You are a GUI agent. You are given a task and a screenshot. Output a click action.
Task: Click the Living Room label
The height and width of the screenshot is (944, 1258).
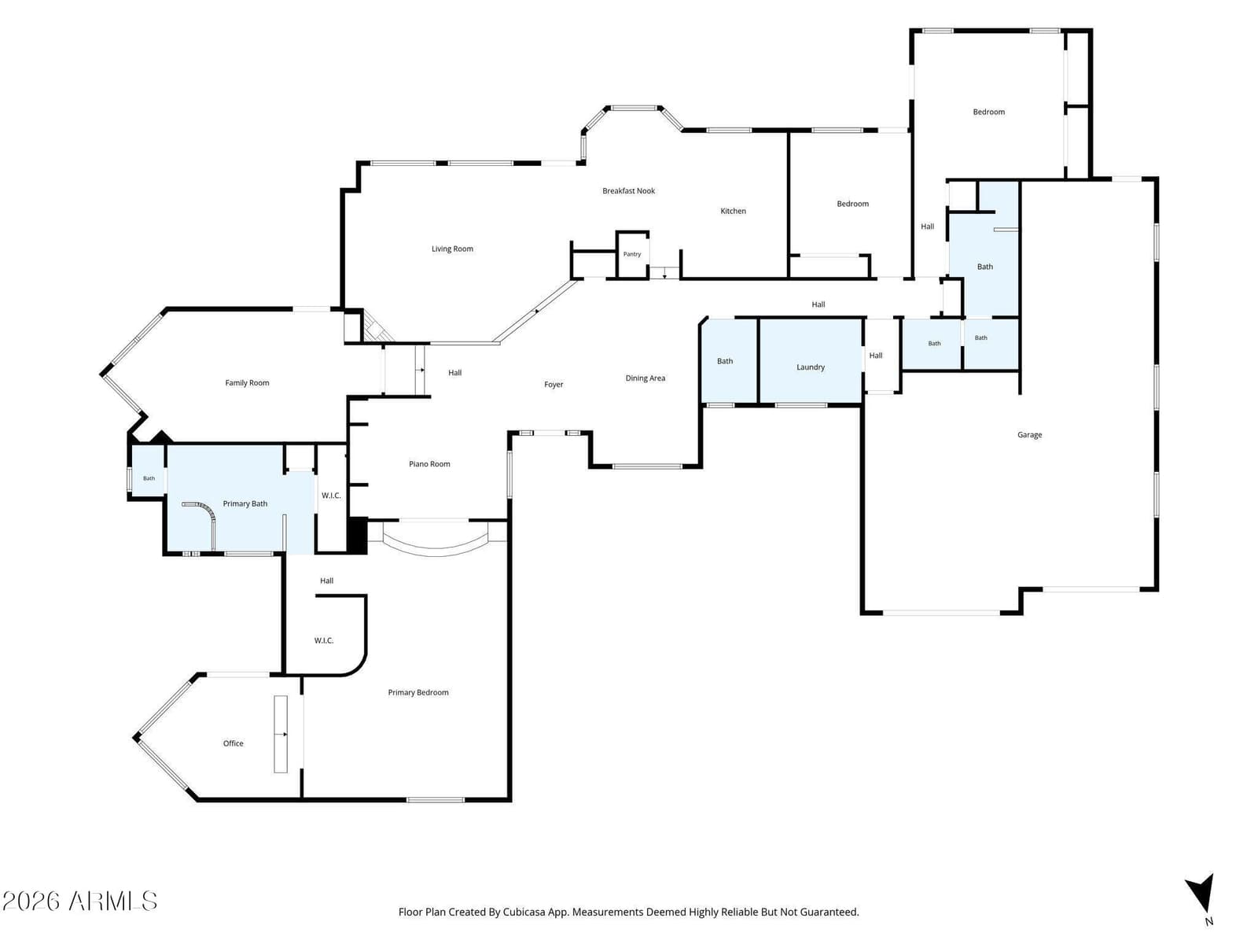(452, 249)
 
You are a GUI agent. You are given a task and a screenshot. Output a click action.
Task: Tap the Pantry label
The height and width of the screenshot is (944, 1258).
(632, 254)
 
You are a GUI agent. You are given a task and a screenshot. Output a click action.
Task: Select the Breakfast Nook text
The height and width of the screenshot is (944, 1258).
(628, 191)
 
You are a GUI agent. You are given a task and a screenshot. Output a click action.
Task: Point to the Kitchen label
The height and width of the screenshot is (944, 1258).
(733, 211)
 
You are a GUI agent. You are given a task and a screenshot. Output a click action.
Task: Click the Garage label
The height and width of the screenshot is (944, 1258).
(1029, 435)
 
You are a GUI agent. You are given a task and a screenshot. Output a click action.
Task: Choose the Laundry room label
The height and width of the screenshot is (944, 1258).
(811, 367)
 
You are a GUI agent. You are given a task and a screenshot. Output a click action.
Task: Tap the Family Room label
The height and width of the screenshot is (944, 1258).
(247, 383)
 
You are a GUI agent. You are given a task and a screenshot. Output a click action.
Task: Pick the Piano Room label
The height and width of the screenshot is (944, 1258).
(429, 464)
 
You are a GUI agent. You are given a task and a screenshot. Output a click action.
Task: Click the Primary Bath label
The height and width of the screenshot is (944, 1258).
(245, 503)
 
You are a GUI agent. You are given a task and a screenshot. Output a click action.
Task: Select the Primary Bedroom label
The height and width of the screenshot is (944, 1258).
(417, 692)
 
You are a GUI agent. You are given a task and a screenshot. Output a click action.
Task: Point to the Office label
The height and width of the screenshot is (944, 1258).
(234, 743)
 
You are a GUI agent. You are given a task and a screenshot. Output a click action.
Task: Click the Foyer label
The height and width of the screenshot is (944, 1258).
(554, 385)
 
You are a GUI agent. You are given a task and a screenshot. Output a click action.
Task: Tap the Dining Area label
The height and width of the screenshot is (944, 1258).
(646, 378)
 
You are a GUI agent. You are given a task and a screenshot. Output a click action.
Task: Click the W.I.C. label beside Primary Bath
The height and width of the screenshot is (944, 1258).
(331, 496)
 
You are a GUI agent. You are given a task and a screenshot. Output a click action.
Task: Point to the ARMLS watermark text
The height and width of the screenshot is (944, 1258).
(79, 902)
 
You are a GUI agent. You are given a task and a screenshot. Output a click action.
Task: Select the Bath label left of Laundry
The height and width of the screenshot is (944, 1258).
(725, 361)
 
